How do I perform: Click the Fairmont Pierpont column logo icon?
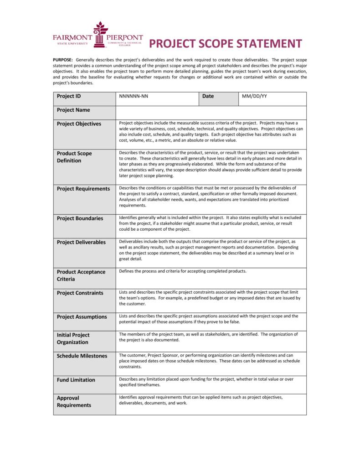[100, 35]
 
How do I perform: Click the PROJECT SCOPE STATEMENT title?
[226, 44]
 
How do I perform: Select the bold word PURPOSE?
[63, 60]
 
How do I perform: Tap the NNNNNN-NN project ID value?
[134, 97]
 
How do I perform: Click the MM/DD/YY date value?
[254, 97]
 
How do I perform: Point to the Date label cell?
[208, 96]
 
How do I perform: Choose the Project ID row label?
[69, 96]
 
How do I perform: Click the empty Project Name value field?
[211, 110]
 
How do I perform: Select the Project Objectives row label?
[79, 124]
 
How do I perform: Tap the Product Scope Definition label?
[74, 157]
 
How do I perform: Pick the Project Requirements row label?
[83, 189]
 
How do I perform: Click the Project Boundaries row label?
[80, 218]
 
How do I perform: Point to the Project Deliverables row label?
[81, 242]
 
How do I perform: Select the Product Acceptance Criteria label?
[81, 275]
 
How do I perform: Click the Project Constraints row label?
[80, 293]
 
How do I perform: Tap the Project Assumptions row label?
[82, 317]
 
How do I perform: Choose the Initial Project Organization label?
[73, 338]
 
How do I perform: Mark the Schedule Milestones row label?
[82, 356]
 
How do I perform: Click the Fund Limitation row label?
[76, 380]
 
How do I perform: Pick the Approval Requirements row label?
[74, 401]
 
